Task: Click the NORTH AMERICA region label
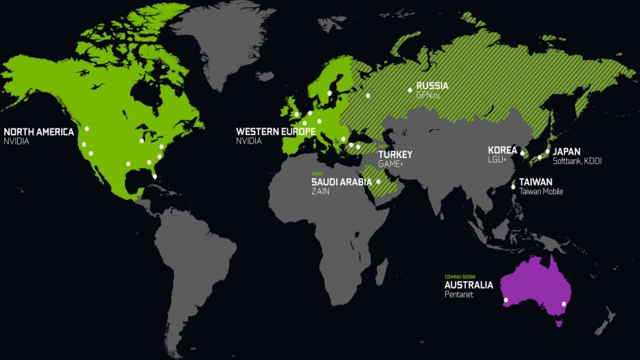tap(39, 131)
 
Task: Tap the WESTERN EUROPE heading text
tap(275, 131)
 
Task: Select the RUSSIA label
tap(432, 85)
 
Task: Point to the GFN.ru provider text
tap(428, 95)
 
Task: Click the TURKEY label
tap(396, 154)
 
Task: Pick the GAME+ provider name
tap(390, 164)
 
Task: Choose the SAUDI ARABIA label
tap(341, 182)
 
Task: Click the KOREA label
tap(502, 150)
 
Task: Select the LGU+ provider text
tap(497, 160)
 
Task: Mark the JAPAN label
tap(567, 151)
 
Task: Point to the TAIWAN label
tap(536, 182)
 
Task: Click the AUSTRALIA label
tap(469, 285)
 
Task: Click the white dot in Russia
tap(368, 96)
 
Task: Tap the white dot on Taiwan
tap(513, 188)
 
